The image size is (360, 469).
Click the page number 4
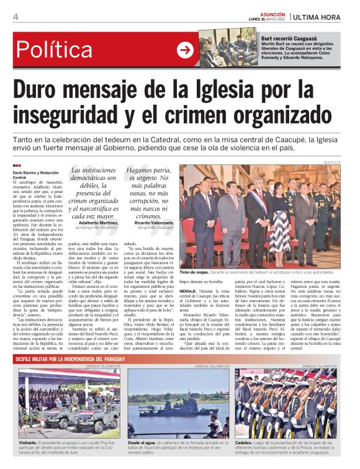[x=15, y=17]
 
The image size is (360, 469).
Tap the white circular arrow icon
[x=184, y=50]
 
